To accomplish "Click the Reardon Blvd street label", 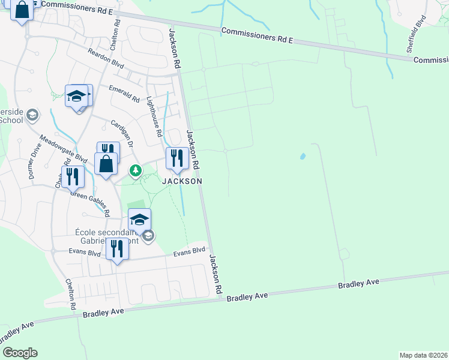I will (x=106, y=63).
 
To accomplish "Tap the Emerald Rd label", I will (x=124, y=93).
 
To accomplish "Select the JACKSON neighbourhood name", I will (x=181, y=181).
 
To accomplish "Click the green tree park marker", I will (x=136, y=171).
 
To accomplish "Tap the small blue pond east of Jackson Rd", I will (x=302, y=157).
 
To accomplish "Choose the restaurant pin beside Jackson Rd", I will (x=176, y=158).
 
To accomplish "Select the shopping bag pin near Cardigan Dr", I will (x=106, y=164).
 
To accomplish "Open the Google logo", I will (x=20, y=353).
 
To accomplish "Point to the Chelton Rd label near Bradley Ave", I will (x=71, y=294).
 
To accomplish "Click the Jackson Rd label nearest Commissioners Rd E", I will (x=175, y=47).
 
